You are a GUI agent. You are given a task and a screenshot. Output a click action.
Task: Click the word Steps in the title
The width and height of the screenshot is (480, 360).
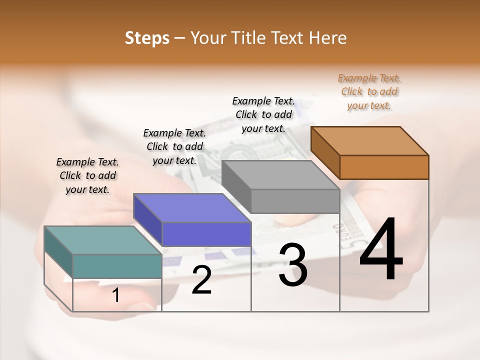pos(147,38)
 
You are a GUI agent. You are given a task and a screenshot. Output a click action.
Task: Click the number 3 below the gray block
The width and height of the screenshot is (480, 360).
pos(293,265)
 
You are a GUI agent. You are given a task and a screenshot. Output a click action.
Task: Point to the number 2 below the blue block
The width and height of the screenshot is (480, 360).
pos(201,280)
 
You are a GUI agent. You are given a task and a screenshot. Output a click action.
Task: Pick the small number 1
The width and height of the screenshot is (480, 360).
pos(116,295)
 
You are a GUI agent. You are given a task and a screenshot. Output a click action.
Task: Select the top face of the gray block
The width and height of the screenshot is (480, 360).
pos(280,175)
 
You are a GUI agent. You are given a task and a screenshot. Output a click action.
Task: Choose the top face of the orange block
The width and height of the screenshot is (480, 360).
pos(369,140)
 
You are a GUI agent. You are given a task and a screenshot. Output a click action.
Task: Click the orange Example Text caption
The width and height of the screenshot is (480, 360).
pos(369,91)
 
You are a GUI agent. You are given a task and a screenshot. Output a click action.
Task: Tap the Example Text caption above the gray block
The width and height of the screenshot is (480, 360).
pos(263,114)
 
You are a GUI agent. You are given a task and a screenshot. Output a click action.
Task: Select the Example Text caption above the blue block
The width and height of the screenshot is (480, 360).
pos(174,146)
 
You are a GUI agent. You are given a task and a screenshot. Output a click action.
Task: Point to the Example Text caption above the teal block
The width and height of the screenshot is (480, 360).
pos(87,175)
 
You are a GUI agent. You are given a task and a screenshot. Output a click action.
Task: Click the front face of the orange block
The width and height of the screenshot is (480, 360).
pos(384,167)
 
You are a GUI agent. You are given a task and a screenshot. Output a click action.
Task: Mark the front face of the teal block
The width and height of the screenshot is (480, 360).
pos(117,266)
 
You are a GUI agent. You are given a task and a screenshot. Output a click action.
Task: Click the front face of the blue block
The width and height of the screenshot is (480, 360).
pos(206,234)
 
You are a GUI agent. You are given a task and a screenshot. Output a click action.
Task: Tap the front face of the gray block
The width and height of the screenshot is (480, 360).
pos(295,201)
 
